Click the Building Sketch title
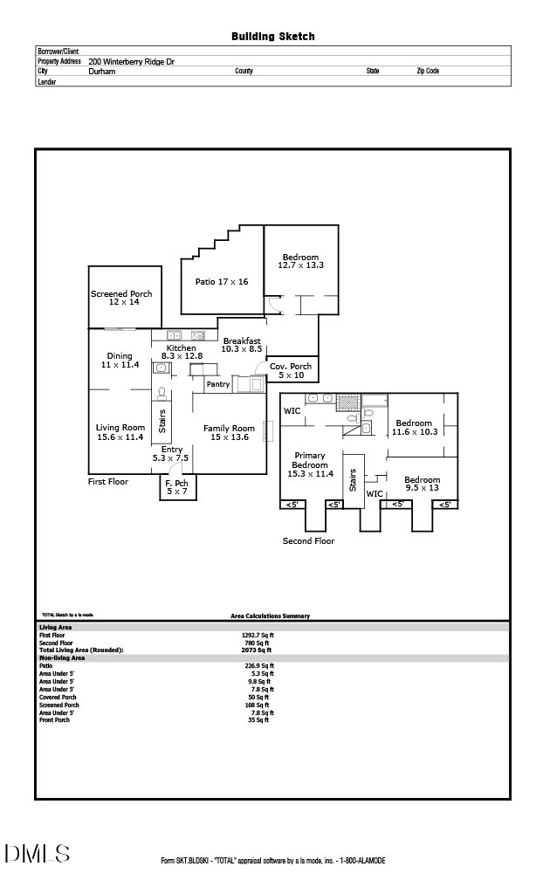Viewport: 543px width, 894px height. coord(272,37)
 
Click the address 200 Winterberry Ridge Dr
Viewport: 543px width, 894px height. coord(131,62)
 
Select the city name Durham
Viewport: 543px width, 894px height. coord(101,72)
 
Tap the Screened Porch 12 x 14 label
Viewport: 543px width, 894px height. coord(122,298)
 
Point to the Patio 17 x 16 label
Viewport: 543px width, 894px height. coord(221,282)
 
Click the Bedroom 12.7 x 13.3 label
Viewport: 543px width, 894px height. coord(300,261)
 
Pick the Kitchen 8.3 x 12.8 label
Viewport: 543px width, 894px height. coord(181,352)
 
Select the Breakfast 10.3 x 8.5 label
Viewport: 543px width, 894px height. coord(241,345)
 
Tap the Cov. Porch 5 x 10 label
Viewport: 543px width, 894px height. coord(290,371)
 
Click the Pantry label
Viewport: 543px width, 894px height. coord(217,384)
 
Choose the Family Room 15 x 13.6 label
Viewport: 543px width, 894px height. coord(229,432)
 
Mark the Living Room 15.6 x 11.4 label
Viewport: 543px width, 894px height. coord(120,432)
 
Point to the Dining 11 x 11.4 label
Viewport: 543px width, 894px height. coord(120,360)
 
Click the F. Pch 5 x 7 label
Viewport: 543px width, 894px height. coord(176,487)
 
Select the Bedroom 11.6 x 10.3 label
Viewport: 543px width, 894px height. coord(414,428)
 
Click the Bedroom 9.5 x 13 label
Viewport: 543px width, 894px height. coord(422,484)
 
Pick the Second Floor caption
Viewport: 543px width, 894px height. coord(308,541)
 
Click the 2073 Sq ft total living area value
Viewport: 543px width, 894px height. coord(257,650)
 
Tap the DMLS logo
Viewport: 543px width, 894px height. coord(37,853)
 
